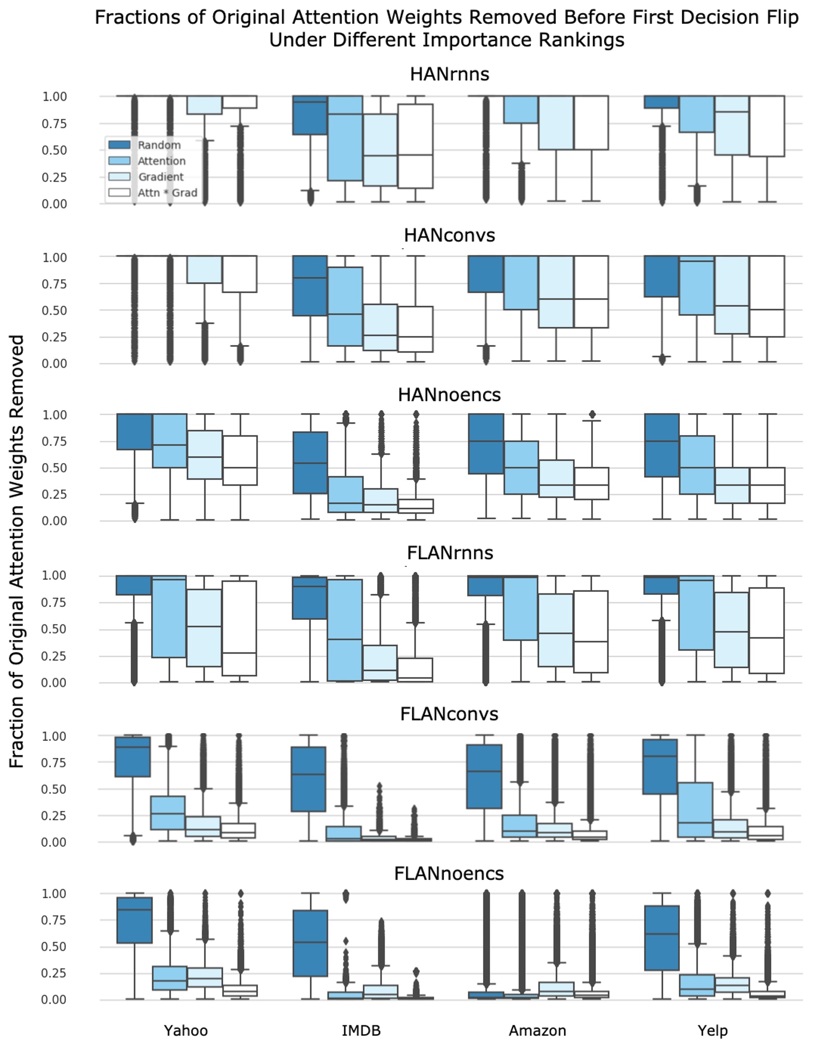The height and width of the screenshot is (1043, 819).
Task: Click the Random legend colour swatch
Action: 119,145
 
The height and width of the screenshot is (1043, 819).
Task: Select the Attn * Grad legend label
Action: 167,193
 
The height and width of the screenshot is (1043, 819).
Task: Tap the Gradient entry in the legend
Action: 160,177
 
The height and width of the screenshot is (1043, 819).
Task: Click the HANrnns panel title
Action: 449,74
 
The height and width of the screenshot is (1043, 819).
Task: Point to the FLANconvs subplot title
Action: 449,714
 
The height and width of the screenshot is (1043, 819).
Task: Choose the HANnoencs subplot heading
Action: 449,395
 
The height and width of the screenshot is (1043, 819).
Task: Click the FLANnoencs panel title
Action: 449,873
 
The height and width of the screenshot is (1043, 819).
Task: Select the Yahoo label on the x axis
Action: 186,1030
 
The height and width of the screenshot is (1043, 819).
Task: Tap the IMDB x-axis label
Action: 361,1030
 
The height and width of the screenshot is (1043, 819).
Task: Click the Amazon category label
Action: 537,1030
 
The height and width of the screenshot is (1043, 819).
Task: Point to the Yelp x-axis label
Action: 713,1030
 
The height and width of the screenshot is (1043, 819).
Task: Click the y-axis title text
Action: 17,551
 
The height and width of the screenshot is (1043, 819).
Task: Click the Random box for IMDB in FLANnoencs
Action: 310,943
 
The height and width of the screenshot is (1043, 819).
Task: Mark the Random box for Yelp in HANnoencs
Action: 662,445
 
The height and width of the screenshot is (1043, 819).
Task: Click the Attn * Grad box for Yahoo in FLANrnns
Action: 239,628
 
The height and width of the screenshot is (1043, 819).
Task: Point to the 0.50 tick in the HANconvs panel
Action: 54,310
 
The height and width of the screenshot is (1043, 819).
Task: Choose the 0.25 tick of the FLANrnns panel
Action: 54,656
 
